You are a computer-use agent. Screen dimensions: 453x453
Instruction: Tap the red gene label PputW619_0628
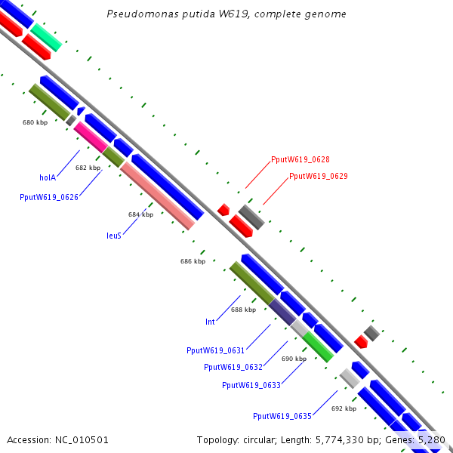(x=300, y=159)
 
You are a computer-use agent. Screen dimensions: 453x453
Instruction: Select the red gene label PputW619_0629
(x=319, y=176)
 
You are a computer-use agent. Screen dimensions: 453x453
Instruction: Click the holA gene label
(x=48, y=177)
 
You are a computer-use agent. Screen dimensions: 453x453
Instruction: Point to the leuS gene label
(x=113, y=235)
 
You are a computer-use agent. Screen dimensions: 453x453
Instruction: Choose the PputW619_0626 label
(x=49, y=196)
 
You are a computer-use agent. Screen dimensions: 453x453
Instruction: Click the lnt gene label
(x=210, y=322)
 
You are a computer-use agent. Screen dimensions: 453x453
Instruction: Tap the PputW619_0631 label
(x=215, y=350)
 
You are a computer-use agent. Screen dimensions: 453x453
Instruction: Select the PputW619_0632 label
(x=233, y=367)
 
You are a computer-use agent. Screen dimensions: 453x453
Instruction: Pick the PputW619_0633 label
(x=251, y=385)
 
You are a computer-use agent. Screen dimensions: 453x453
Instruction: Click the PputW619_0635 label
(x=282, y=416)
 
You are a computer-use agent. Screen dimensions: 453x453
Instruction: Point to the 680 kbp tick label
(x=35, y=122)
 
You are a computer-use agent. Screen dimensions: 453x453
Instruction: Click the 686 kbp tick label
(x=193, y=261)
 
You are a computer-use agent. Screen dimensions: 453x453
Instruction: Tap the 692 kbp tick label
(x=344, y=408)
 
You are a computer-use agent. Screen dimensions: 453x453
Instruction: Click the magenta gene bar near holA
(x=90, y=137)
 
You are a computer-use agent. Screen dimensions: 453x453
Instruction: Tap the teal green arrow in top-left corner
(x=46, y=36)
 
